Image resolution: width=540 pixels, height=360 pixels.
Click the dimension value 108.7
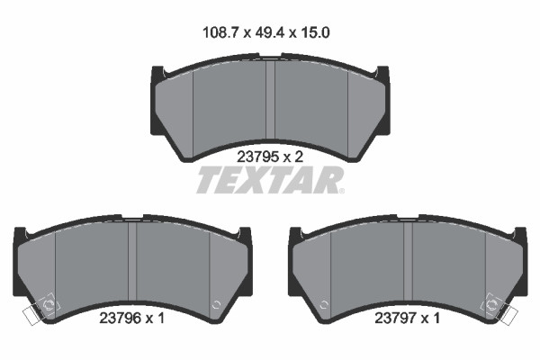pos(220,33)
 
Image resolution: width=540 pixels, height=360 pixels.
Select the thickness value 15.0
pos(315,33)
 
